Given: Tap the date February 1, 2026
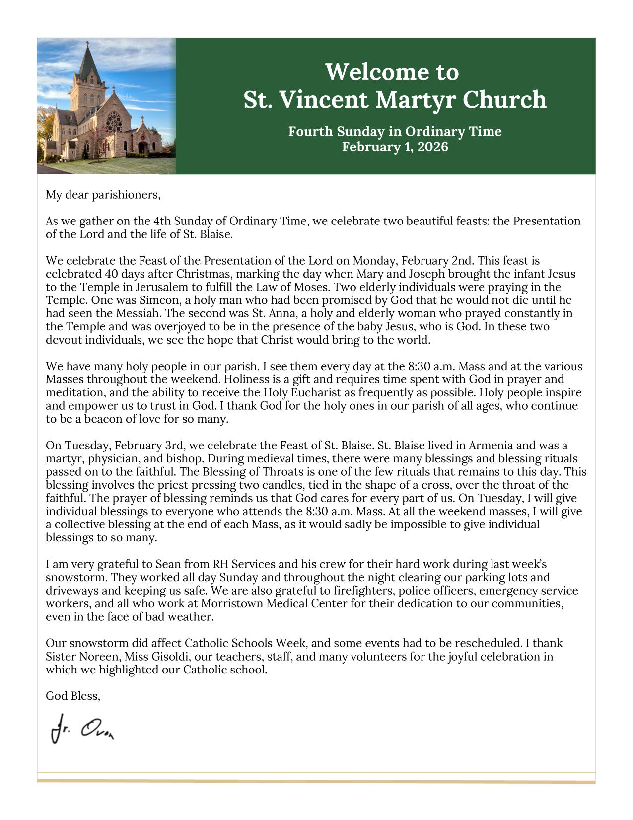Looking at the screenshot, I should point(395,147).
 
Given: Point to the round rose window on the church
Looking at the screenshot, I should point(114,121).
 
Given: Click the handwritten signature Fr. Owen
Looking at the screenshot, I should point(82,729).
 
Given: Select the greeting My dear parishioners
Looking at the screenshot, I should point(103,195).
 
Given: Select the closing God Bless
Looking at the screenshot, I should point(72,696).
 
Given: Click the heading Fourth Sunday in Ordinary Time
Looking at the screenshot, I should point(395,132).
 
